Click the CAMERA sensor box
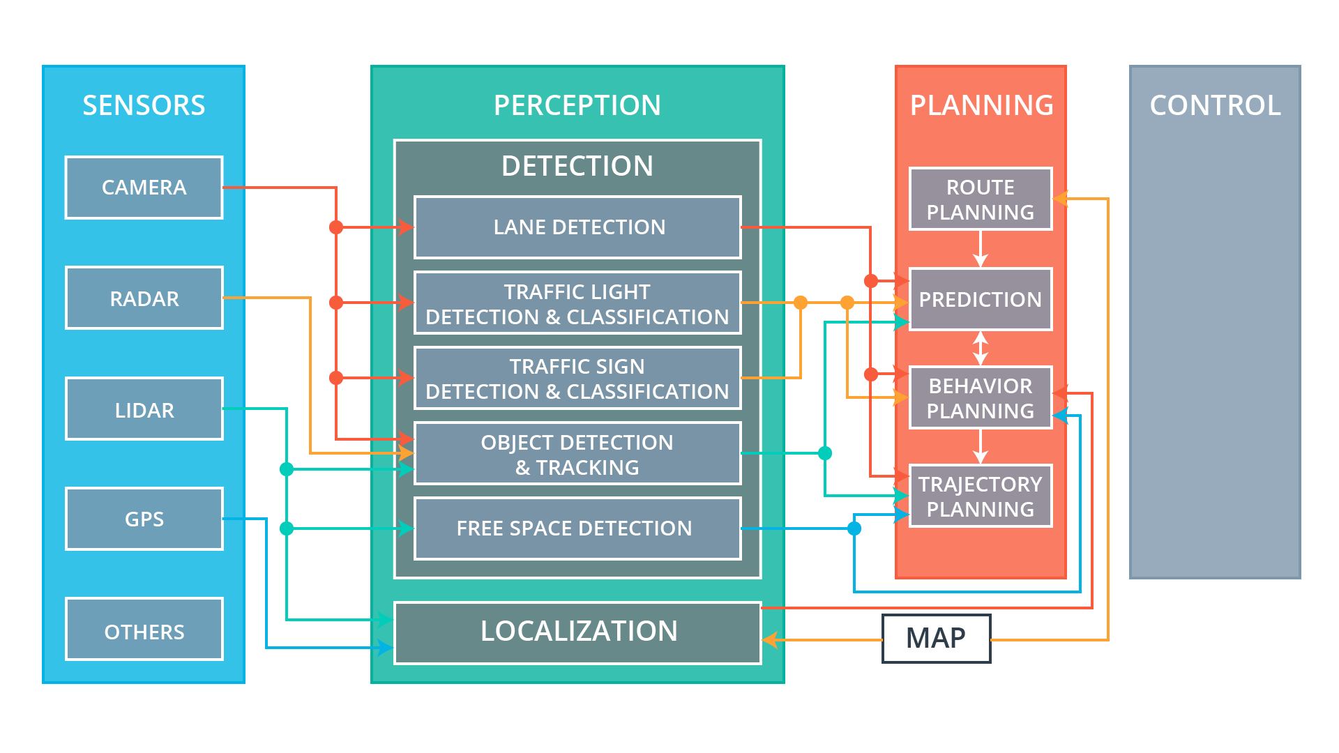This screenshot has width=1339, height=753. tap(144, 188)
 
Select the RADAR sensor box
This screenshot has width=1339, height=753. tap(144, 298)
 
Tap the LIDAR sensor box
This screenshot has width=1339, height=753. tap(144, 409)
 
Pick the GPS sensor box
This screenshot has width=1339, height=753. tap(144, 519)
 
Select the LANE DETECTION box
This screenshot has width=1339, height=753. tap(577, 227)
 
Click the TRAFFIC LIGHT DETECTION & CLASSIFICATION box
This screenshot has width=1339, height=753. tap(577, 303)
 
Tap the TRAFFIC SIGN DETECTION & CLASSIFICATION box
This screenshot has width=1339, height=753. tap(577, 379)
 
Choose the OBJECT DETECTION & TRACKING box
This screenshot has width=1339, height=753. tap(577, 454)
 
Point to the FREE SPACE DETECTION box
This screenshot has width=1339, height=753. tap(577, 528)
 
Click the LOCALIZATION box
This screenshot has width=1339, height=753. tap(577, 632)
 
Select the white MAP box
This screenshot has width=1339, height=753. tap(936, 638)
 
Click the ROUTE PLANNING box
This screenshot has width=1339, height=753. tap(981, 199)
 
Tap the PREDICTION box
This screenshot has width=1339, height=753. tap(981, 299)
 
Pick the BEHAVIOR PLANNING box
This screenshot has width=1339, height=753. tap(981, 397)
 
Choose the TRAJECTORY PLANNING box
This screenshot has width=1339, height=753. tap(981, 496)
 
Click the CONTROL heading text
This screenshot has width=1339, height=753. tap(1215, 105)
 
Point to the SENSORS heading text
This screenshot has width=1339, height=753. tap(144, 105)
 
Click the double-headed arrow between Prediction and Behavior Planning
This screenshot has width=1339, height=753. tap(981, 348)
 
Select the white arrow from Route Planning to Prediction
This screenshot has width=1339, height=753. tap(981, 249)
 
